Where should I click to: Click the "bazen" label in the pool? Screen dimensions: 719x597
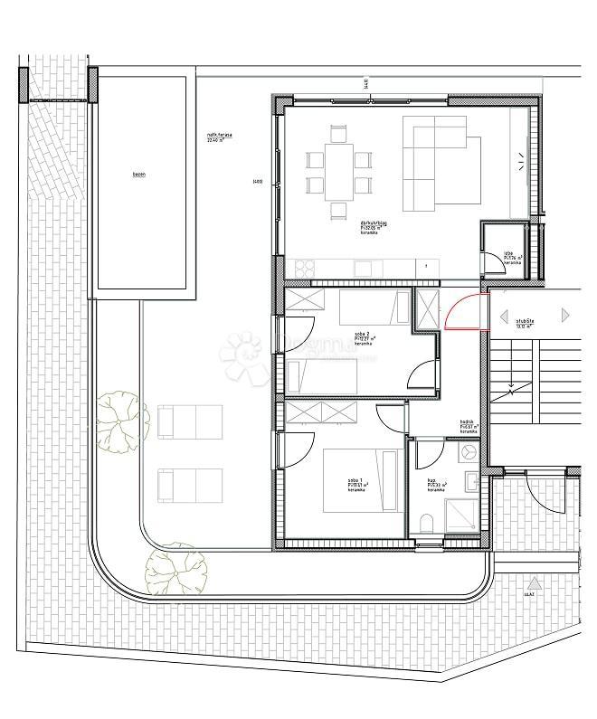(138, 175)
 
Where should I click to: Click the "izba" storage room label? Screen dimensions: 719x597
(508, 255)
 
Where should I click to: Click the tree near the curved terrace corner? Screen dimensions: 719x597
(171, 570)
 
